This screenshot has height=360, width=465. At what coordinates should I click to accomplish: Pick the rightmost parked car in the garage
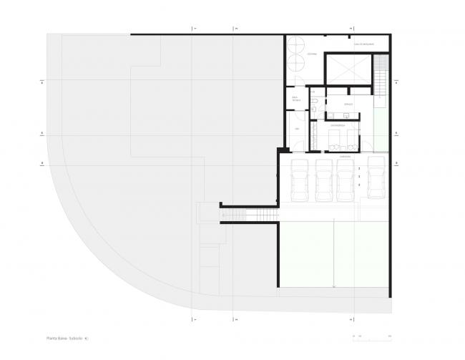(376, 179)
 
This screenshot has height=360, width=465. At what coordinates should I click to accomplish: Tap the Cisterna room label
(313, 54)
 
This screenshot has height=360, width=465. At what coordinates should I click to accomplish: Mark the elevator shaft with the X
(347, 70)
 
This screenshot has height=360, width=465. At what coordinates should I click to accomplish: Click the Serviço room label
(348, 104)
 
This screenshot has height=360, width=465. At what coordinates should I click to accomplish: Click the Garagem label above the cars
(345, 154)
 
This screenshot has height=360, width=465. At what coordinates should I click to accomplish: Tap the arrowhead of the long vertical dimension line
(334, 287)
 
